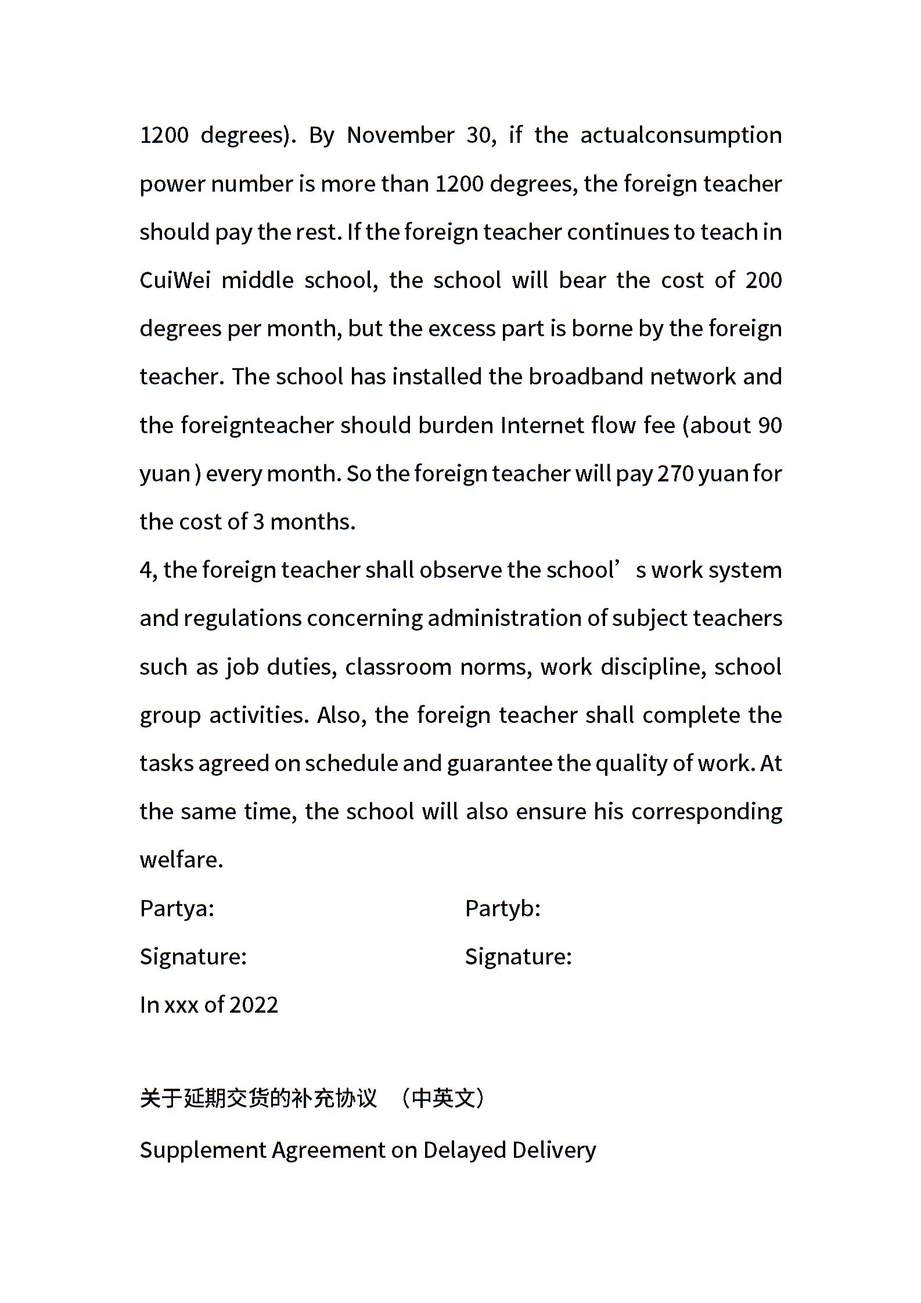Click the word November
pos(400,135)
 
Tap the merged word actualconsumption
pos(681,135)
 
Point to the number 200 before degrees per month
pos(763,280)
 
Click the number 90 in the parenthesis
pos(769,426)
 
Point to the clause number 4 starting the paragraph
pos(145,571)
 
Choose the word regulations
pos(242,618)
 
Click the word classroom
pos(398,667)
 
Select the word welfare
pos(181,860)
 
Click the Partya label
pos(177,909)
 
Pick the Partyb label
pos(503,909)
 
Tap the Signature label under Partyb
pos(518,957)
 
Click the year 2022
pos(254,1005)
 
